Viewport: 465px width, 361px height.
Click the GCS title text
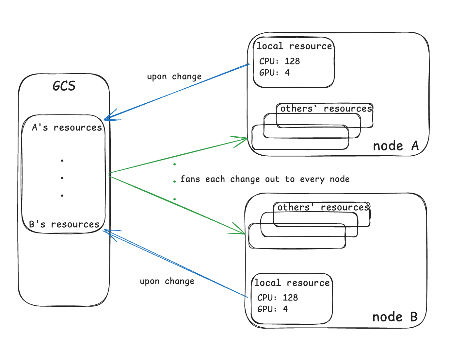(64, 86)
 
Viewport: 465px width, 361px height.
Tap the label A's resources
(67, 128)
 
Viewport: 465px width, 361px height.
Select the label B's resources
(64, 224)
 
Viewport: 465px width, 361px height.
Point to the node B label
(395, 317)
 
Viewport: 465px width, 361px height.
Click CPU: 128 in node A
(280, 61)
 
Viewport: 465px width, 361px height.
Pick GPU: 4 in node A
(274, 73)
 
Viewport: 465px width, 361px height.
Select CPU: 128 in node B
(278, 298)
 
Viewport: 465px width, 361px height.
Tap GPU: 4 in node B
(272, 309)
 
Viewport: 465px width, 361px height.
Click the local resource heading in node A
(294, 46)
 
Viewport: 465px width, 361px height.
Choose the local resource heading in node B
(292, 283)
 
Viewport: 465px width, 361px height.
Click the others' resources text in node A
(326, 109)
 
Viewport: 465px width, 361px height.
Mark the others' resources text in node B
(323, 207)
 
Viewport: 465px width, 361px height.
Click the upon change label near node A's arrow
(174, 77)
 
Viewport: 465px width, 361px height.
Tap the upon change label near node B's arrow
(167, 282)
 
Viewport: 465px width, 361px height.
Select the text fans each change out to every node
(265, 179)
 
